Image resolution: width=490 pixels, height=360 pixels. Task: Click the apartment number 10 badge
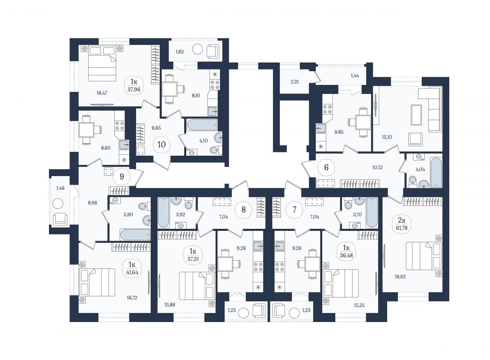click(161, 145)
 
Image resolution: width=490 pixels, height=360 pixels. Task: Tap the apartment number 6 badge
click(326, 168)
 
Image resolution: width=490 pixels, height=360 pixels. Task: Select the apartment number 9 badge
click(122, 177)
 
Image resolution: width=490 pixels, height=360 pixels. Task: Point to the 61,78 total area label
click(402, 228)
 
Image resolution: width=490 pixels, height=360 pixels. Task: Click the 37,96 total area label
click(134, 89)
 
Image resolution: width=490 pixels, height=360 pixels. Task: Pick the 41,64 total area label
click(132, 273)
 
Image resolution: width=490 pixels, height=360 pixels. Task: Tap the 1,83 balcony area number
click(179, 52)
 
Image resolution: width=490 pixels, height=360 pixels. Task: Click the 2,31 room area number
click(295, 82)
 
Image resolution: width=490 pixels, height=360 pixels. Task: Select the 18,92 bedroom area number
click(400, 277)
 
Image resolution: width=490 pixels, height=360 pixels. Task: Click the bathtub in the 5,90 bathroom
click(135, 235)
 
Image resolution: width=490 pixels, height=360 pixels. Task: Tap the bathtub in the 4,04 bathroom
click(437, 172)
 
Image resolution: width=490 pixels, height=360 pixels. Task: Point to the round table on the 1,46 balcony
click(58, 203)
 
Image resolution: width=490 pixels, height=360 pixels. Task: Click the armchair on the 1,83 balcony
click(213, 51)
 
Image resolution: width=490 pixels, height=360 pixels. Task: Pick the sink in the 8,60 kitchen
click(124, 145)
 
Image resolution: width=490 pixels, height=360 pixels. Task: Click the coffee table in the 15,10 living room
click(416, 115)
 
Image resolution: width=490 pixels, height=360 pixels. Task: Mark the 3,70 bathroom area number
click(357, 215)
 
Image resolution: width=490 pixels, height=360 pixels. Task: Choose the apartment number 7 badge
click(294, 210)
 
